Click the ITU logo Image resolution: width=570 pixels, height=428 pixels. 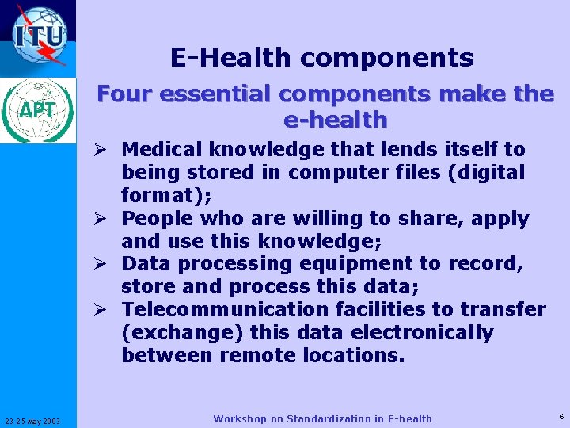(38, 36)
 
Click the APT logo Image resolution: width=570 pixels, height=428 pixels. (38, 109)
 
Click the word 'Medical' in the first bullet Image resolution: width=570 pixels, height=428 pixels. (161, 149)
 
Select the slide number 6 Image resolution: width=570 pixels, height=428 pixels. (561, 416)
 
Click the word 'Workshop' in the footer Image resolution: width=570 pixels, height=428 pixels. (239, 418)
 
